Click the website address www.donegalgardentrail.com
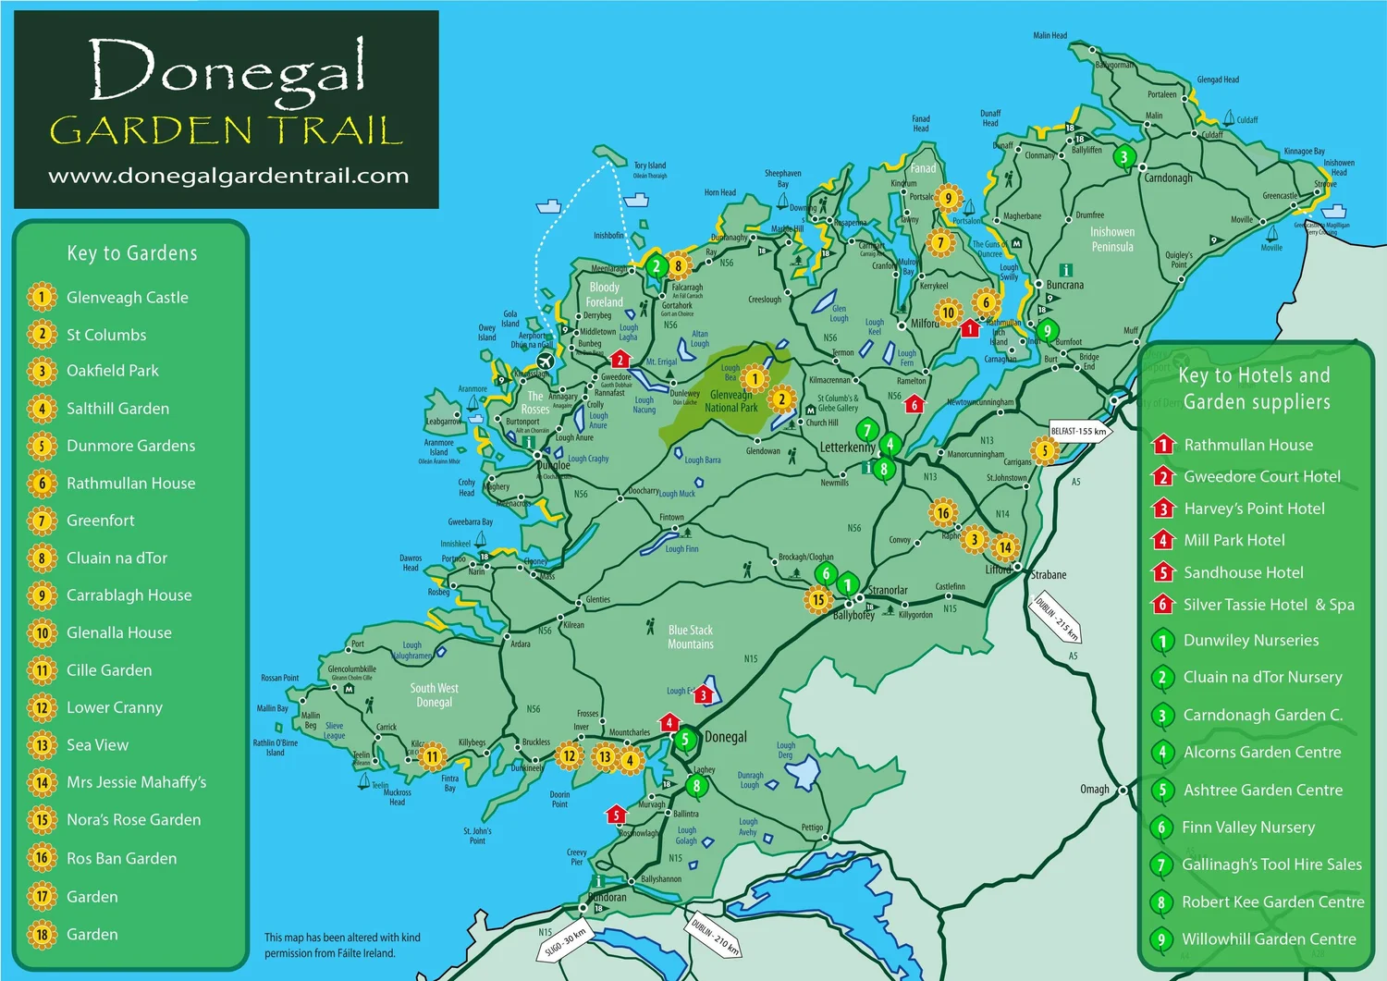point(227,176)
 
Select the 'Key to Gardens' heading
point(132,253)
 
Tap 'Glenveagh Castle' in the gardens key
point(127,298)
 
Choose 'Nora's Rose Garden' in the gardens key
point(133,820)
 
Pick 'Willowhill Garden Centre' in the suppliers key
point(1269,939)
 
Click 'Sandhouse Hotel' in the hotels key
point(1243,572)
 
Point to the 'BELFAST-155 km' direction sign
point(1080,432)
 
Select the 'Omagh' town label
point(1095,790)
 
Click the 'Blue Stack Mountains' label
point(691,637)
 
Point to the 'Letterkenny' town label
point(847,448)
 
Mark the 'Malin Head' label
point(1049,36)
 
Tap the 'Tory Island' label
point(650,166)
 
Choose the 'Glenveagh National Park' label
point(731,401)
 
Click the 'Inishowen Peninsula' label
point(1112,239)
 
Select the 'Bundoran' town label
point(608,897)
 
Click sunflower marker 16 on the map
point(942,513)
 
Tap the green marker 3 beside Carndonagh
point(1124,157)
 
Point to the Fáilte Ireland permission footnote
point(342,945)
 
